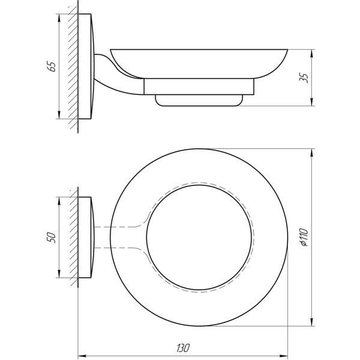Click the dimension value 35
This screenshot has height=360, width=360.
(x=304, y=77)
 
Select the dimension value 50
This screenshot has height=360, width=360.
(x=52, y=238)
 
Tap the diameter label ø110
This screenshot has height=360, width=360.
(x=304, y=237)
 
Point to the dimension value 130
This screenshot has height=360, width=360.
(x=183, y=348)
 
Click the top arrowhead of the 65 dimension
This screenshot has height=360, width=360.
(x=59, y=18)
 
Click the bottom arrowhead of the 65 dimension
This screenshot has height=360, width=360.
(x=59, y=115)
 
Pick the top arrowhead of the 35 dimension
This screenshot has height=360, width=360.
(x=311, y=53)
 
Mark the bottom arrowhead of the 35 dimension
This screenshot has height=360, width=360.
(x=311, y=102)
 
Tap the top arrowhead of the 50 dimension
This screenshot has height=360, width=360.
(x=59, y=201)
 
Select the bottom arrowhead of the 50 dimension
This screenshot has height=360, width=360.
(x=59, y=274)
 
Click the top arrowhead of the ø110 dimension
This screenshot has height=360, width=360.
(x=311, y=152)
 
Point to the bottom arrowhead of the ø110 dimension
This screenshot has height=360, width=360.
(x=311, y=322)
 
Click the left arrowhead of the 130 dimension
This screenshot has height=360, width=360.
(x=82, y=356)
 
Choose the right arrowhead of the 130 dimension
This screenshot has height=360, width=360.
(x=284, y=356)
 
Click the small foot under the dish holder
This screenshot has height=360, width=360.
(x=199, y=100)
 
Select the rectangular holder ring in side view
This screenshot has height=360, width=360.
(x=199, y=86)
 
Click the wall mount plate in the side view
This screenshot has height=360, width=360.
(x=86, y=67)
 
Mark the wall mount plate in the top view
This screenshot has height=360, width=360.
(x=86, y=238)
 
